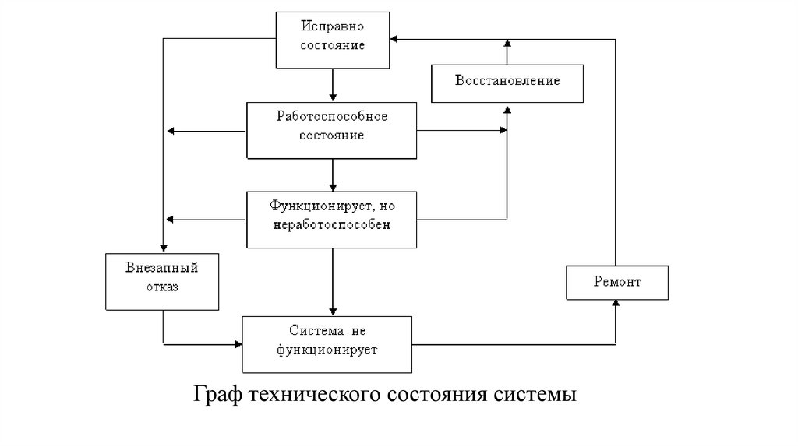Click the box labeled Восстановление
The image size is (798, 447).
click(x=507, y=83)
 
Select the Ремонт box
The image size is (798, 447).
click(x=617, y=282)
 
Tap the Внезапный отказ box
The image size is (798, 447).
click(x=162, y=282)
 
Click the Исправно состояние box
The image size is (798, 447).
click(x=332, y=40)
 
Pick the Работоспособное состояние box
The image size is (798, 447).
click(x=331, y=131)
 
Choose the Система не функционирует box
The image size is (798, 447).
click(x=327, y=344)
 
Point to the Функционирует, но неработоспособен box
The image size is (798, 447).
click(x=331, y=220)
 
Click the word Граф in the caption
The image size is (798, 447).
click(x=218, y=395)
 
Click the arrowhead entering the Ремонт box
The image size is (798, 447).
click(x=616, y=303)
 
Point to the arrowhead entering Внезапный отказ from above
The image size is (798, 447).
click(x=164, y=248)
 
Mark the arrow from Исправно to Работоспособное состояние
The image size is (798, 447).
click(x=333, y=86)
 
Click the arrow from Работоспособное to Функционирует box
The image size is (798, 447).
click(x=333, y=175)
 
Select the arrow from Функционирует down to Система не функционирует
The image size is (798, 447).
click(x=333, y=282)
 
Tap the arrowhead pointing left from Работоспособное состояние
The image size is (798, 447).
click(x=171, y=131)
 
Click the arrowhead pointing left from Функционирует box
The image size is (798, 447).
click(x=171, y=220)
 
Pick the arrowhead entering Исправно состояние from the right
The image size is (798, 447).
click(x=394, y=39)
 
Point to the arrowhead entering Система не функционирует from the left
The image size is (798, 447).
click(x=238, y=344)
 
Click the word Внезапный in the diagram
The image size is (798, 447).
click(x=162, y=268)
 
